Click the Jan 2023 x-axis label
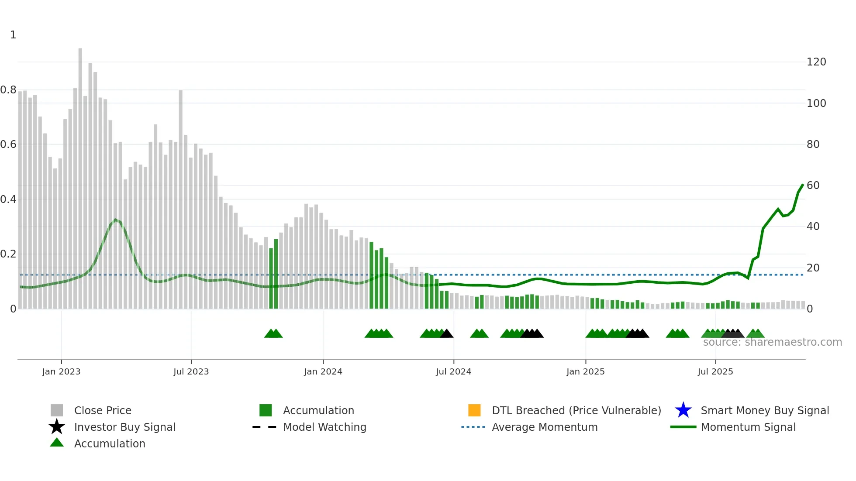click(x=61, y=371)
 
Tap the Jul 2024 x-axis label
click(x=453, y=371)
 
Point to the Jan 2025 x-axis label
click(x=585, y=371)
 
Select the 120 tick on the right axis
click(x=816, y=62)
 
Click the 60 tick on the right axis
click(x=813, y=186)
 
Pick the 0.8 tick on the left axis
click(x=8, y=90)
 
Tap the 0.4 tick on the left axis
click(x=8, y=199)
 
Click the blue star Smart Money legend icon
click(x=683, y=410)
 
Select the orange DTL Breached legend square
click(x=474, y=410)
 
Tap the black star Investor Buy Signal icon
click(x=57, y=427)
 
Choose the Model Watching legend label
click(x=324, y=427)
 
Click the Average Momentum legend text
click(x=545, y=427)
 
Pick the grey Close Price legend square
click(x=57, y=410)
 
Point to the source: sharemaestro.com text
click(x=772, y=342)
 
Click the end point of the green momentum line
click(x=803, y=185)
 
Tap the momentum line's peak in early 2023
click(x=115, y=220)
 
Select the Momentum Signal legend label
click(x=748, y=427)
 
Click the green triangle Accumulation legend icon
click(x=57, y=443)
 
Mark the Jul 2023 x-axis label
click(x=191, y=371)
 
